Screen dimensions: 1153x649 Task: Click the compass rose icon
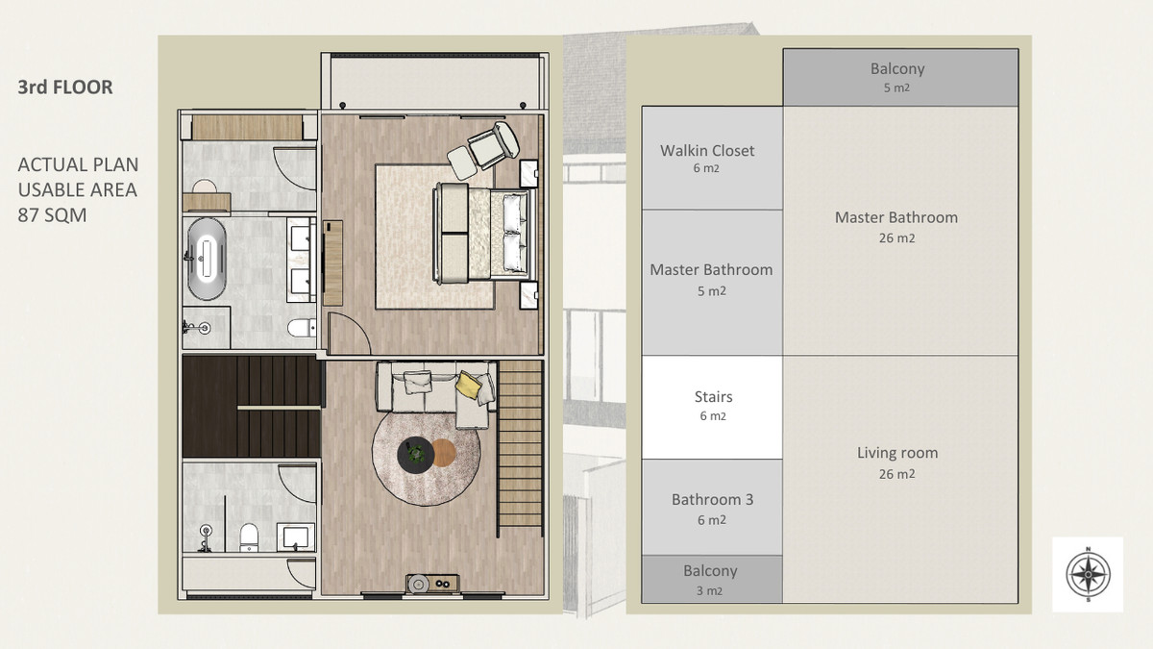point(1088,574)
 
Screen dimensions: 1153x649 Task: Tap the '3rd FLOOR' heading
point(65,87)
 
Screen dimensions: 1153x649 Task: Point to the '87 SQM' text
point(52,214)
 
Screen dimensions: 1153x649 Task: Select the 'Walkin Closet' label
point(707,150)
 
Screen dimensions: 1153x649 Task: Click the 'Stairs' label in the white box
point(713,396)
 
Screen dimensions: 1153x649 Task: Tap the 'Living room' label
point(896,453)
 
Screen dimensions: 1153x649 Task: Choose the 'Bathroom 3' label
point(712,499)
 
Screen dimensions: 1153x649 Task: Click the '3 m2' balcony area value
point(709,590)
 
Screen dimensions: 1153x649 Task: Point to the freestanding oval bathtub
point(206,259)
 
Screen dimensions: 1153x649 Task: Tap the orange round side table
point(443,453)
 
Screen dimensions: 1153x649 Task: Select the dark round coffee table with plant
point(415,454)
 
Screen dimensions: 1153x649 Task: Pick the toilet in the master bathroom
point(302,328)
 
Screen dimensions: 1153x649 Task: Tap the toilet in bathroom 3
point(249,537)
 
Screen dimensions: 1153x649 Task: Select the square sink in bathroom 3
point(296,537)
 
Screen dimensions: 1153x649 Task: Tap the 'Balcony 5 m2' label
point(897,77)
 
